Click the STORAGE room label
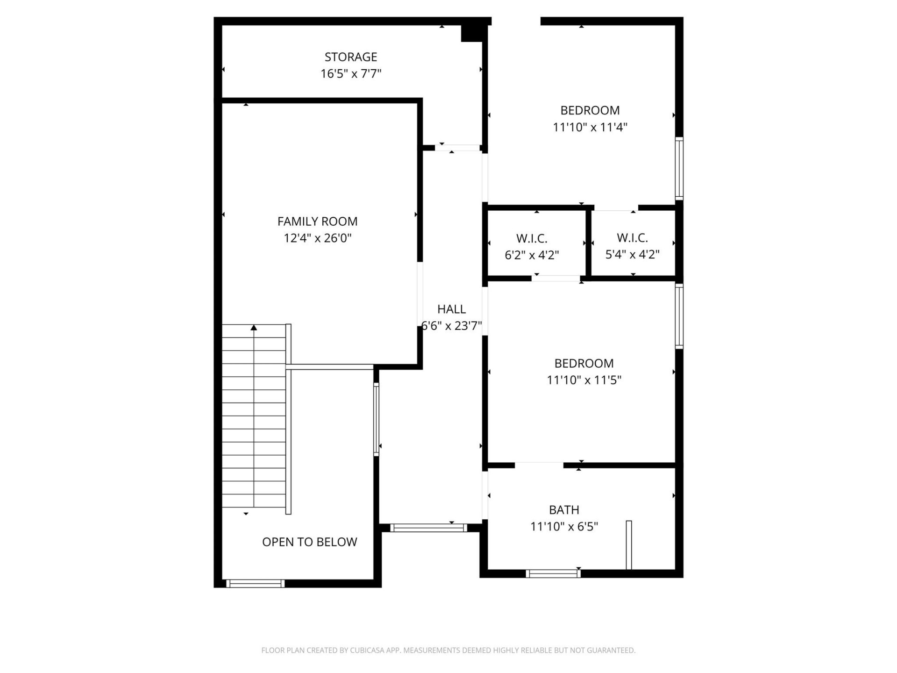tap(350, 57)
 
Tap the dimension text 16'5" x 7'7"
tap(350, 74)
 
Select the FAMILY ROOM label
tap(317, 221)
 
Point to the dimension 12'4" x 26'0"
tap(317, 238)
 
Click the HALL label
tap(451, 309)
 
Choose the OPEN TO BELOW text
tap(309, 542)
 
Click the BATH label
tap(564, 509)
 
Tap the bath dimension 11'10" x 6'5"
tap(564, 527)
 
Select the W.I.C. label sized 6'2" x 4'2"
tap(532, 238)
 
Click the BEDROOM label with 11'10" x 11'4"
tap(590, 110)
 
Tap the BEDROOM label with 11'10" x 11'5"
tap(584, 363)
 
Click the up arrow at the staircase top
tap(254, 328)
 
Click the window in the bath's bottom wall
tap(553, 573)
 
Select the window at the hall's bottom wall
tap(428, 528)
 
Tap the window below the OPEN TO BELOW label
tap(255, 583)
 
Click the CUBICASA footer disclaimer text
tap(448, 650)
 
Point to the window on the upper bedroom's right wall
tap(679, 169)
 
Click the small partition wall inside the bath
tap(629, 544)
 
